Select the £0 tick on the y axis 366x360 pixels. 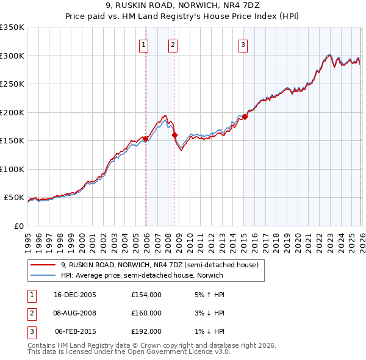coord(18,226)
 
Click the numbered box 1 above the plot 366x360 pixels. coord(143,44)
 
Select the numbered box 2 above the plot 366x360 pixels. coord(173,44)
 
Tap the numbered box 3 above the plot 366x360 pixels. coord(243,44)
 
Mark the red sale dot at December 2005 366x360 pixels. coord(146,139)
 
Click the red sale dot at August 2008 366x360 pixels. coord(174,135)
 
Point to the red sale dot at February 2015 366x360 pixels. coord(245,117)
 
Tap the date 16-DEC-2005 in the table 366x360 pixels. coord(75,294)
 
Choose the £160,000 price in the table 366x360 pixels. coord(146,313)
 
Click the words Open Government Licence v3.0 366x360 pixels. coord(181,352)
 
